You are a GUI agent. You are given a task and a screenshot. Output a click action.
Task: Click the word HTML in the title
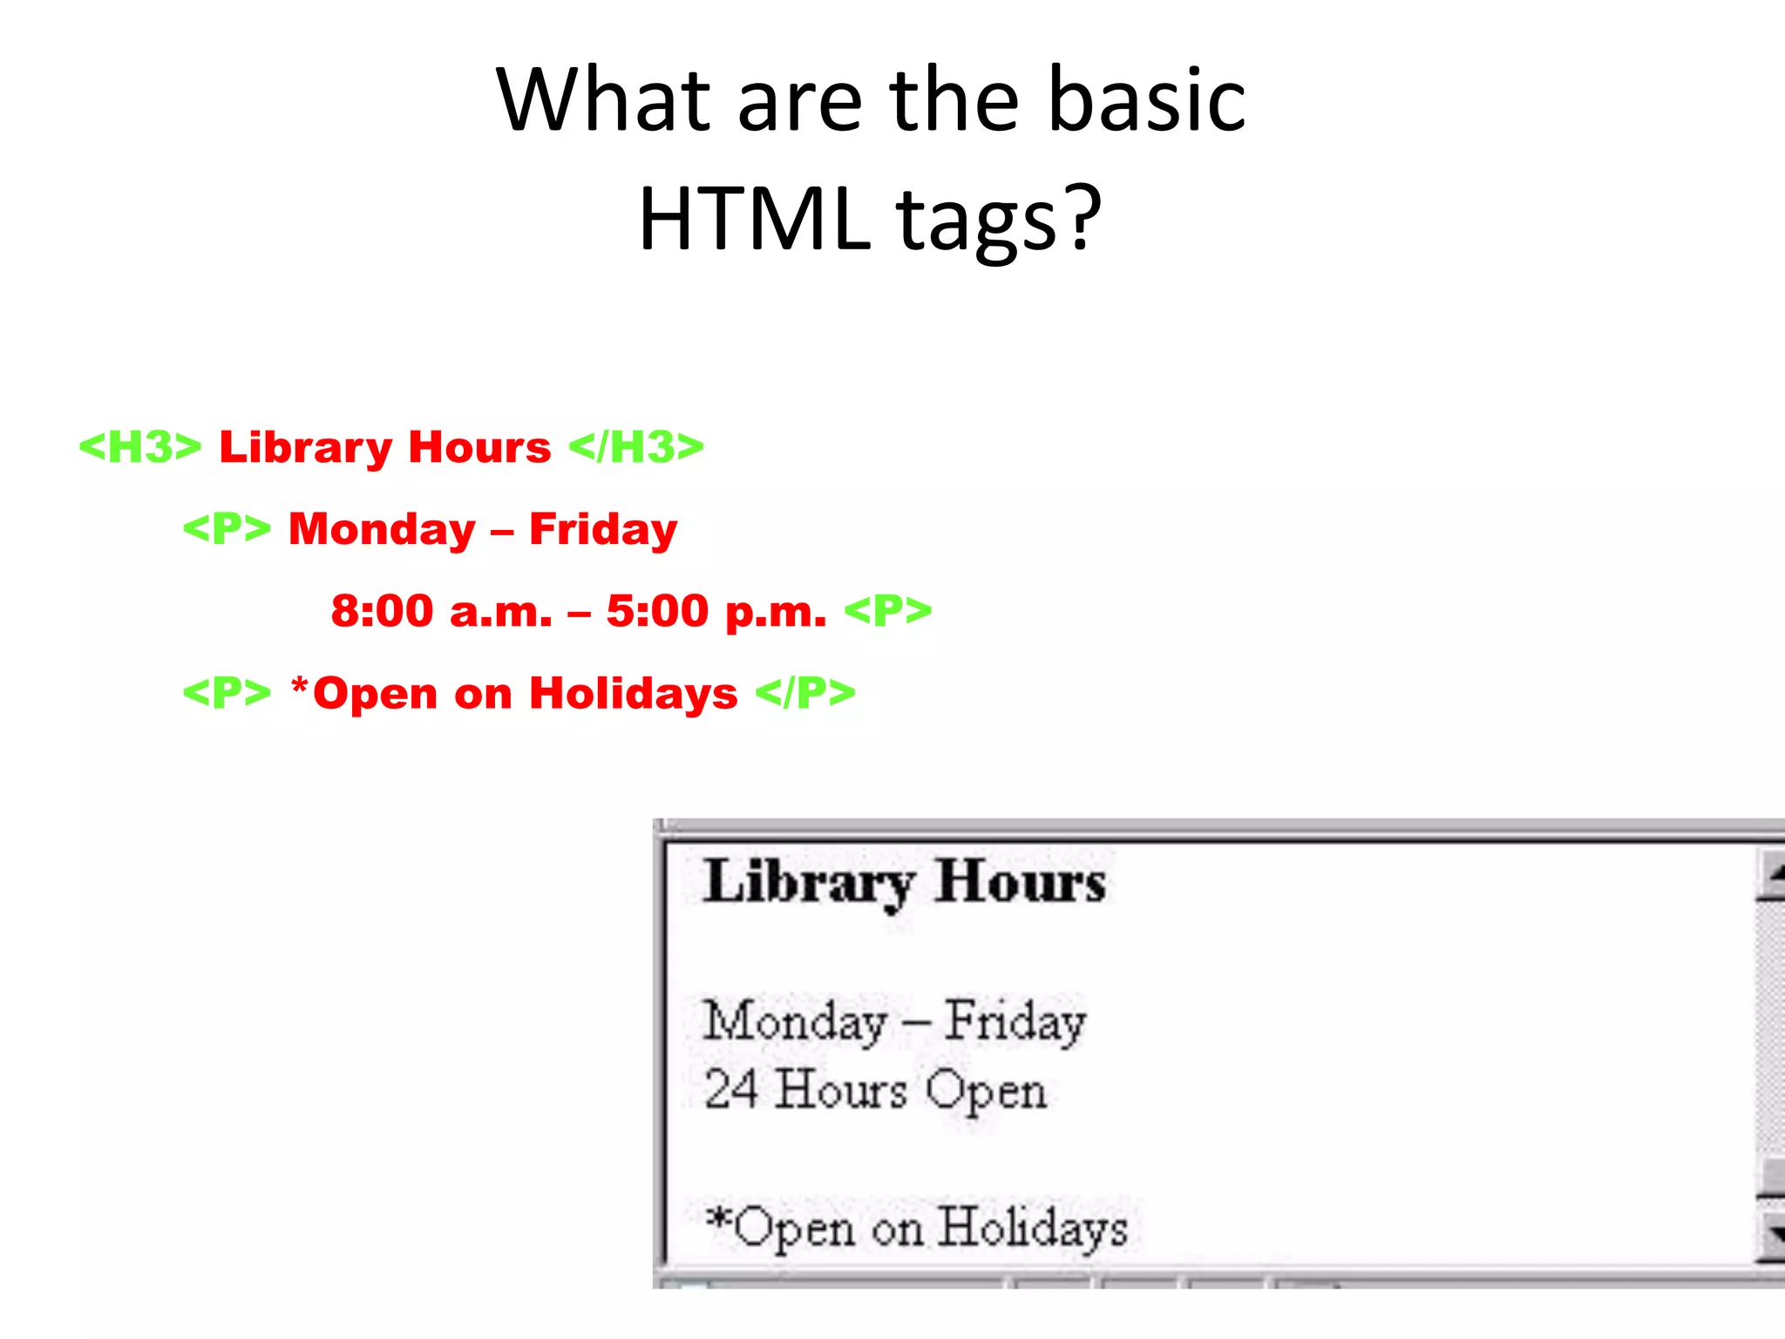coord(755,218)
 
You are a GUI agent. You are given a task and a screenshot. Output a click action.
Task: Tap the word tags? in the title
coord(999,218)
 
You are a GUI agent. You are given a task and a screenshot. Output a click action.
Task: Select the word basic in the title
coord(1146,100)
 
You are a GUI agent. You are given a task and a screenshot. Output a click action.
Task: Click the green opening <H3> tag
coord(140,447)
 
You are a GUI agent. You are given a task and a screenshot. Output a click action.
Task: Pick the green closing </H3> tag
coord(636,447)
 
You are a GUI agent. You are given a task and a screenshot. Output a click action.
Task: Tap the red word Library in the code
coord(306,447)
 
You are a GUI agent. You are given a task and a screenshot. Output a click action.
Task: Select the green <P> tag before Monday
coord(227,529)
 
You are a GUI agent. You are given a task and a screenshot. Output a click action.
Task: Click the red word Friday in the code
coord(603,529)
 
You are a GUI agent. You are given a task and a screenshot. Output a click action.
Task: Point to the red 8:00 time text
coord(383,611)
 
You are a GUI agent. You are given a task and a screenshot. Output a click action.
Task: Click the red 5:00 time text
coord(657,611)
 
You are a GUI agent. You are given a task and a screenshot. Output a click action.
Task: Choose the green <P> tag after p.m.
coord(888,611)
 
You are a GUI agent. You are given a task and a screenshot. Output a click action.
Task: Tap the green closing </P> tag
coord(805,694)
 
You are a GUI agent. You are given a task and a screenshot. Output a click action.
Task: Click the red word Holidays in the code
coord(634,694)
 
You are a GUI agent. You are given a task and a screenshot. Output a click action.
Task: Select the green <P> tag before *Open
coord(227,694)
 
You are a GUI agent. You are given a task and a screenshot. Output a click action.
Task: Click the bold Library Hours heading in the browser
coord(905,882)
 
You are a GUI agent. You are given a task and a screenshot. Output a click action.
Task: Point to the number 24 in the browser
coord(730,1090)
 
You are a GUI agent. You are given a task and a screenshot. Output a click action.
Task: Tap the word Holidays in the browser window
coord(1034,1228)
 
